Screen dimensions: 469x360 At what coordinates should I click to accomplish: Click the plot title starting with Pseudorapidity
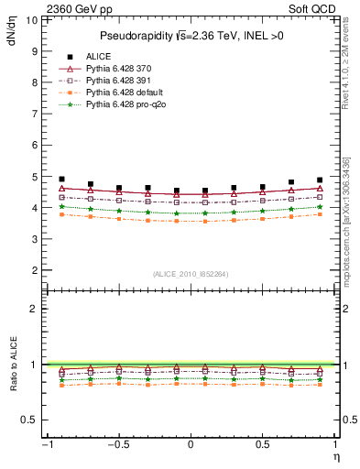point(190,36)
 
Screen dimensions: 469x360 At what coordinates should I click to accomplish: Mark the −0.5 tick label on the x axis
point(116,445)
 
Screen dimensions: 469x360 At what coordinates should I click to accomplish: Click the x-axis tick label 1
point(334,445)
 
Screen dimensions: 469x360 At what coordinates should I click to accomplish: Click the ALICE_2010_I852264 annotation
point(190,274)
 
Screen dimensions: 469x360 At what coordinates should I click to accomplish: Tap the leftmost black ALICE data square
point(61,180)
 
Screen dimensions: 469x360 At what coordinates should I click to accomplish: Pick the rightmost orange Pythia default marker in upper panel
point(319,214)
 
